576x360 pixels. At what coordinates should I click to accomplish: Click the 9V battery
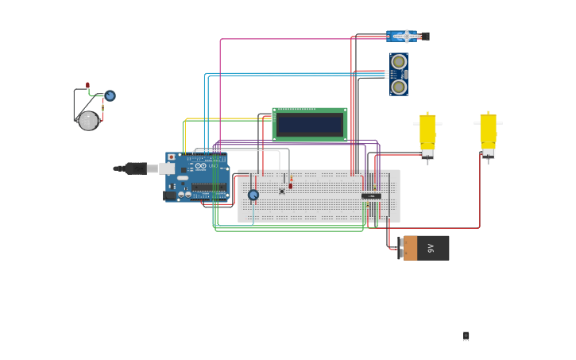pyautogui.click(x=426, y=248)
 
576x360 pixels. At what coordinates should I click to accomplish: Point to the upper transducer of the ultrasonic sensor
pyautogui.click(x=399, y=62)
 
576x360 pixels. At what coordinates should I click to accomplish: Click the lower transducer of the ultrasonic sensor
pyautogui.click(x=399, y=85)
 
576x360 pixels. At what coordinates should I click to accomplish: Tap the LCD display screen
pyautogui.click(x=310, y=125)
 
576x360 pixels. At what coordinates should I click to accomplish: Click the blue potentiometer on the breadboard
pyautogui.click(x=253, y=195)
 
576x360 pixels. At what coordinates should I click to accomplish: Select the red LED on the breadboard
pyautogui.click(x=291, y=184)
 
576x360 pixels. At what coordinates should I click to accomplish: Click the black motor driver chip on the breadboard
pyautogui.click(x=371, y=195)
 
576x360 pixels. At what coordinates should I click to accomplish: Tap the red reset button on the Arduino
pyautogui.click(x=171, y=157)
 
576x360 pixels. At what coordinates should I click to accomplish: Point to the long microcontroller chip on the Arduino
pyautogui.click(x=208, y=188)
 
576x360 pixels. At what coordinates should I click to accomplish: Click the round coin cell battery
pyautogui.click(x=88, y=121)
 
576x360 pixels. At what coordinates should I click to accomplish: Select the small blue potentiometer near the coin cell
pyautogui.click(x=110, y=95)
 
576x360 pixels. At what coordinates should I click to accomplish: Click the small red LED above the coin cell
pyautogui.click(x=88, y=84)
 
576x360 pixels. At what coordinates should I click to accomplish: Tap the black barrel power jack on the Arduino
pyautogui.click(x=169, y=195)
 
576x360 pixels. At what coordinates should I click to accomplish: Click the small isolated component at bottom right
pyautogui.click(x=466, y=336)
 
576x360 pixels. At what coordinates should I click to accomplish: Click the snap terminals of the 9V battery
pyautogui.click(x=400, y=248)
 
